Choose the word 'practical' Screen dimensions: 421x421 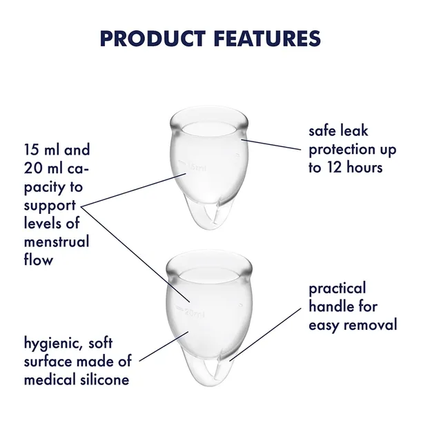[337, 288]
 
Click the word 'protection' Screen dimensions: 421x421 [342, 148]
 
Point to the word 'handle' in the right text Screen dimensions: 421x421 [330, 306]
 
